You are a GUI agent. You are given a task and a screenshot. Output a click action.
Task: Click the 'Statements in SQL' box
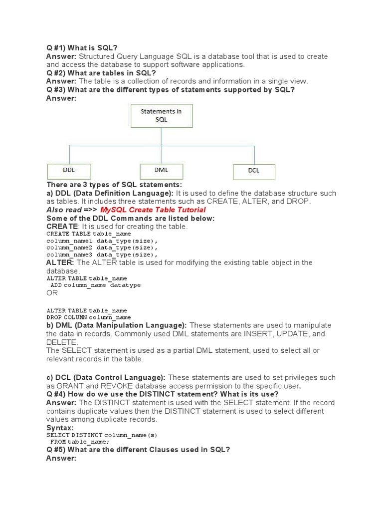[161, 116]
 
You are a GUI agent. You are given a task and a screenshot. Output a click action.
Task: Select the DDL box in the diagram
[69, 171]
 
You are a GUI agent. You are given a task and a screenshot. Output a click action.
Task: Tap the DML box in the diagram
[161, 171]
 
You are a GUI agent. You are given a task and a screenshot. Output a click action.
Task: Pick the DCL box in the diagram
[254, 171]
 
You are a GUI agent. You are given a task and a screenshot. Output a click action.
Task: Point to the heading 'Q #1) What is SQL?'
[82, 48]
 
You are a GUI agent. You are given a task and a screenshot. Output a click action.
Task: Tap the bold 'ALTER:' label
[60, 262]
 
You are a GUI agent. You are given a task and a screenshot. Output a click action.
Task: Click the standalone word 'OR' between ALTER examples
[52, 293]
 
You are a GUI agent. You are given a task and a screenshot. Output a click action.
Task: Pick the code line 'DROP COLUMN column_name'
[89, 317]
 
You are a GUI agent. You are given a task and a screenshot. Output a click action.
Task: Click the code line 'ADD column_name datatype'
[96, 285]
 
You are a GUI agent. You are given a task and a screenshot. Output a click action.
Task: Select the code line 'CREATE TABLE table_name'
[89, 234]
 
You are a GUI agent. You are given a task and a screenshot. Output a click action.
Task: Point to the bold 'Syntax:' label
[60, 428]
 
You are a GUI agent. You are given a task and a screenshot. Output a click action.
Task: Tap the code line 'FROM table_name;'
[80, 442]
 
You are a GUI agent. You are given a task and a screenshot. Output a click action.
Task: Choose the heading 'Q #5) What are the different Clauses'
[138, 450]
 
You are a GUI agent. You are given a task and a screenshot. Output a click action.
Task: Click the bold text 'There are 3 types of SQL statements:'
[114, 185]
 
